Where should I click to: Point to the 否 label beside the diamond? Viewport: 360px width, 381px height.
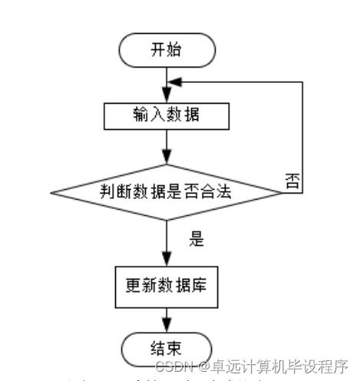click(x=292, y=181)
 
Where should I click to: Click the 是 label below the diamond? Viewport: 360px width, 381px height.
click(x=196, y=238)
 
